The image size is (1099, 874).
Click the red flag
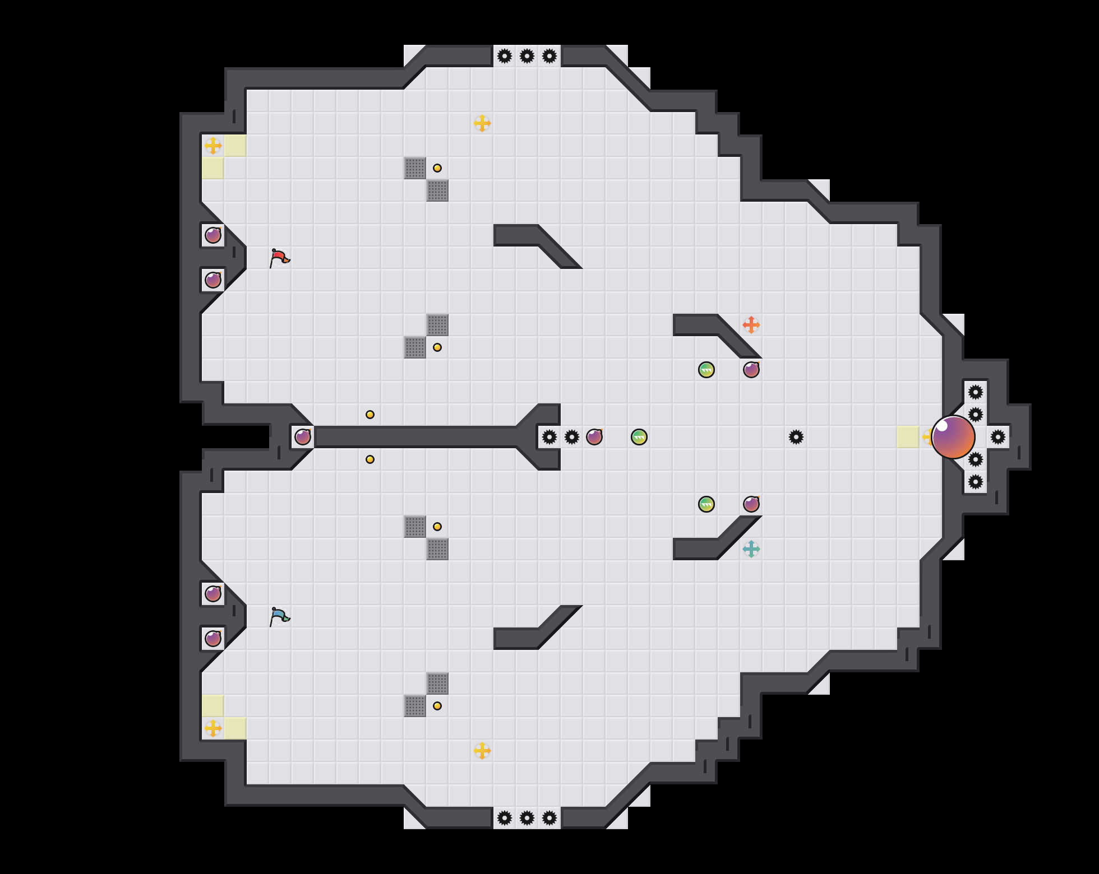click(x=279, y=258)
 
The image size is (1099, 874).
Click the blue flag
click(x=279, y=616)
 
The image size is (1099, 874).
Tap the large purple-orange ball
click(x=953, y=437)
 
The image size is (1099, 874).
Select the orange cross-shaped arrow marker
click(x=751, y=325)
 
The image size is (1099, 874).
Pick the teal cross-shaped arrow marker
click(x=751, y=549)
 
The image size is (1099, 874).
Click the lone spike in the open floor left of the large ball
click(x=796, y=437)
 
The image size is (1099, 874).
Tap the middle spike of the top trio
click(x=527, y=56)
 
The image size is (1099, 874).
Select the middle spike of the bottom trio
click(x=527, y=818)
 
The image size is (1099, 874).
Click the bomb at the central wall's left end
click(x=303, y=437)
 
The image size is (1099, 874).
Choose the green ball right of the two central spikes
click(x=639, y=437)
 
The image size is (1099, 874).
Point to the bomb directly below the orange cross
click(x=751, y=370)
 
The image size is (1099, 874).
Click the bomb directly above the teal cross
click(x=751, y=504)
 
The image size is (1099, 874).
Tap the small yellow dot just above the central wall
click(x=370, y=415)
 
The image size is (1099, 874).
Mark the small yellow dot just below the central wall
click(x=370, y=459)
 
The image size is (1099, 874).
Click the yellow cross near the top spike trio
click(x=482, y=123)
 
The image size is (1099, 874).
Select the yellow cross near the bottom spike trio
click(x=482, y=751)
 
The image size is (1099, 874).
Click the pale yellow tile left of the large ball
click(x=908, y=437)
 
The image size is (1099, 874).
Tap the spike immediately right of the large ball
click(x=998, y=437)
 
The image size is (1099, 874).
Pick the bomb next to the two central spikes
click(x=594, y=437)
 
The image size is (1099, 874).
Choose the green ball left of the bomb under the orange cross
click(x=706, y=370)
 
